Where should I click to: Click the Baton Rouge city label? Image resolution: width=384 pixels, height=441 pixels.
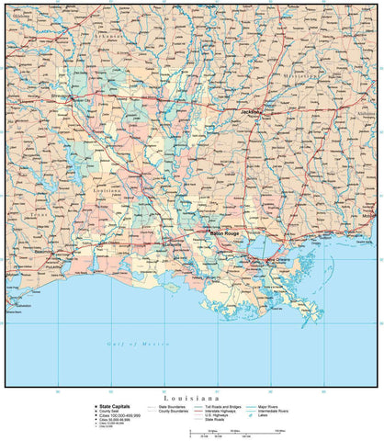[225, 234]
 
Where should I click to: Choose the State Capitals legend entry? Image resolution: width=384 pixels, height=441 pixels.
[118, 405]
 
